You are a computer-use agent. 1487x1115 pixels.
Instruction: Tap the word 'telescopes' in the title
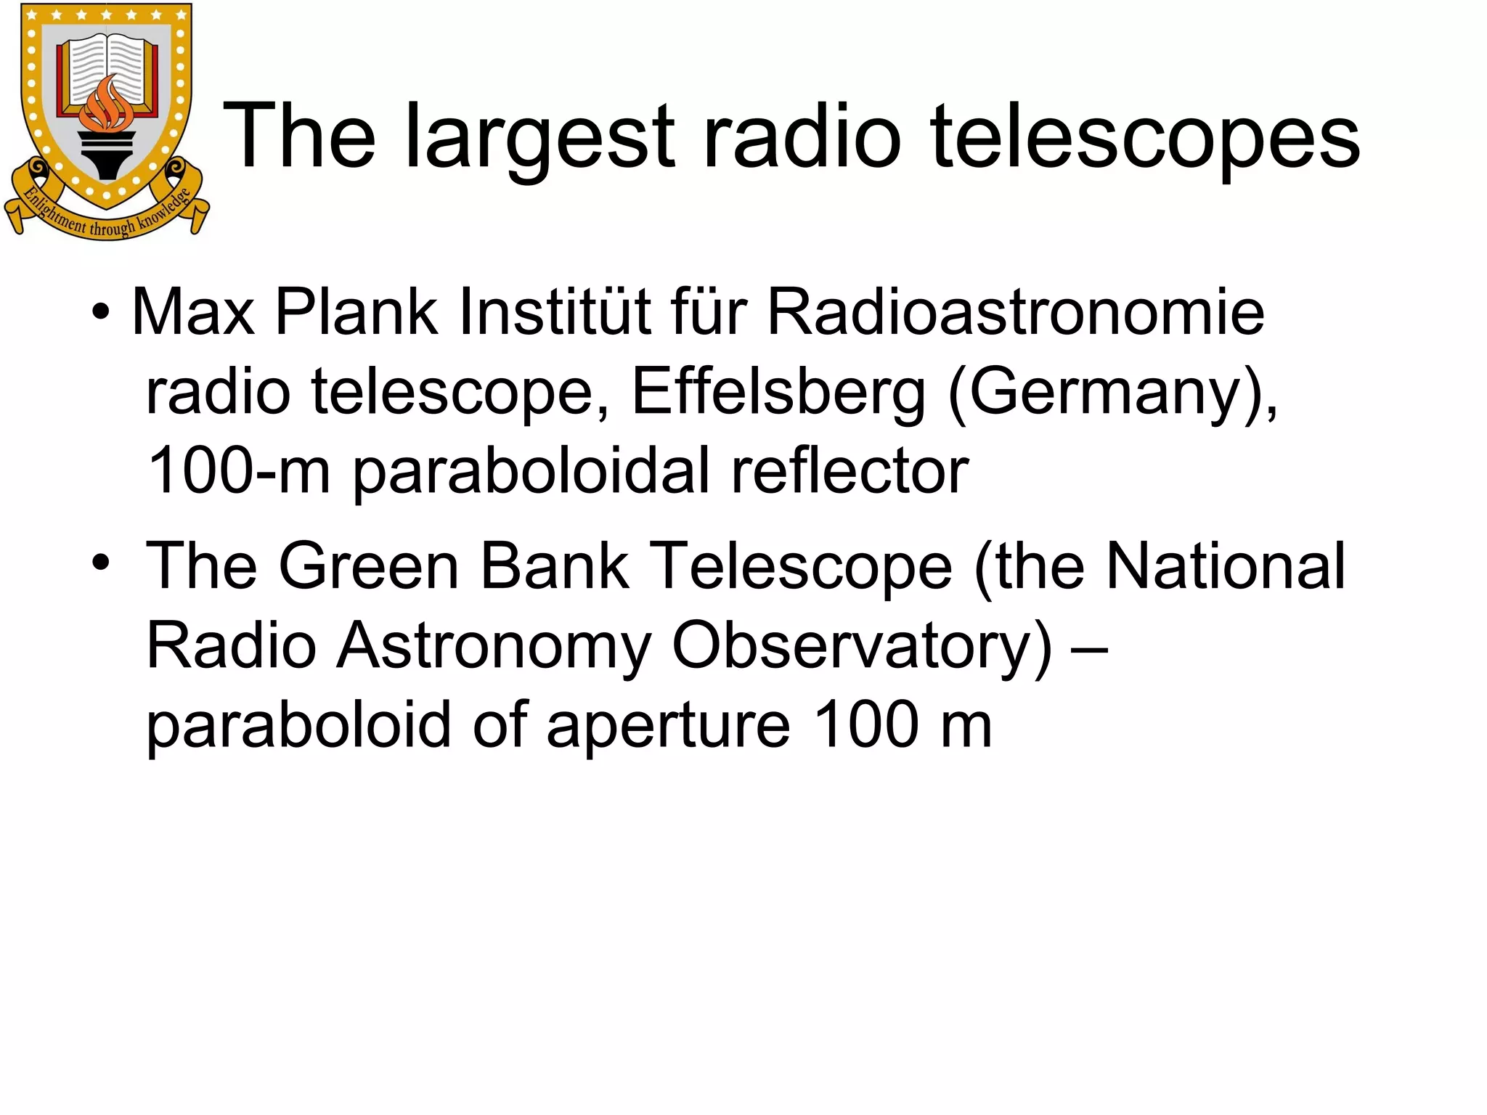click(1145, 138)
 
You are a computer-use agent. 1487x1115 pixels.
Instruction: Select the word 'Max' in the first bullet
click(193, 312)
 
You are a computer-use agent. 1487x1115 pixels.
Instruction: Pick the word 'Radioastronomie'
click(1016, 312)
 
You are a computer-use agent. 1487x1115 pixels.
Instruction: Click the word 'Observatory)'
click(861, 645)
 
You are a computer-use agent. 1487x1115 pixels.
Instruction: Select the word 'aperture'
click(668, 725)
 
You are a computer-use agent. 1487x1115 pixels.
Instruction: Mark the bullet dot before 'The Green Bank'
click(101, 563)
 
